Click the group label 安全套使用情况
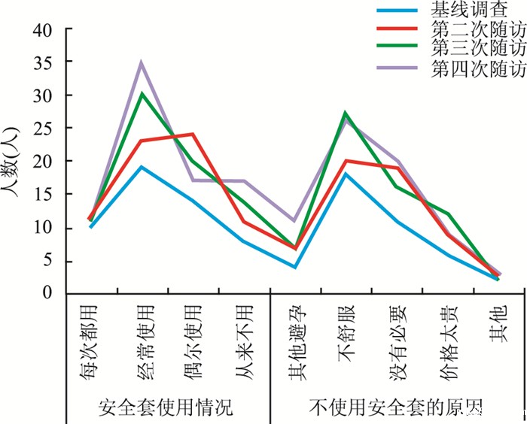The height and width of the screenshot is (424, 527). coord(166,407)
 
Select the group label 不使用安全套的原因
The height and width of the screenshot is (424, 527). coord(395,407)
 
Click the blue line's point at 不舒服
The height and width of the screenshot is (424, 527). coord(346,174)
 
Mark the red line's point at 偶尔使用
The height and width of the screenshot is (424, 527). coord(193,135)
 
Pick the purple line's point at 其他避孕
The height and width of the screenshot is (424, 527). coord(294,221)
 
